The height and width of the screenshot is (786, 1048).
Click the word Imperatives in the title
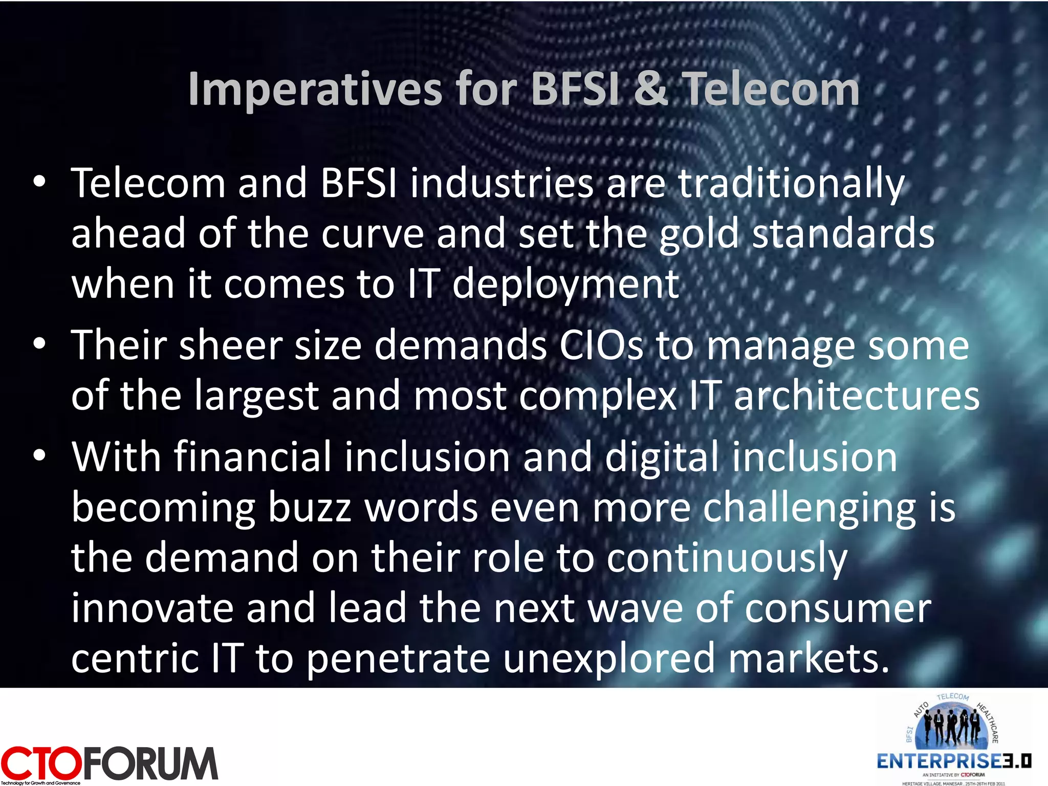315,90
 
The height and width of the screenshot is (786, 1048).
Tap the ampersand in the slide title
650,90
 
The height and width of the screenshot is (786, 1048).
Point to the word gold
699,234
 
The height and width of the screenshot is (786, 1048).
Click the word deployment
565,285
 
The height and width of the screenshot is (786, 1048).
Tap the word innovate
152,608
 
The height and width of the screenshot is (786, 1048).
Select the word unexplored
609,659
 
